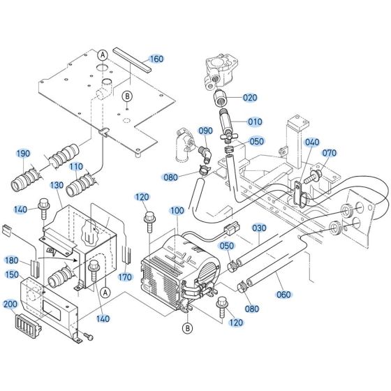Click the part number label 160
tap(156, 59)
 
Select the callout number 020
tap(251, 97)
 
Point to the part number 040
tap(312, 142)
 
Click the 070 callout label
tap(329, 152)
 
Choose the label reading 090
tap(205, 131)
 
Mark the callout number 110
tap(75, 168)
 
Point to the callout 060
tap(283, 295)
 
